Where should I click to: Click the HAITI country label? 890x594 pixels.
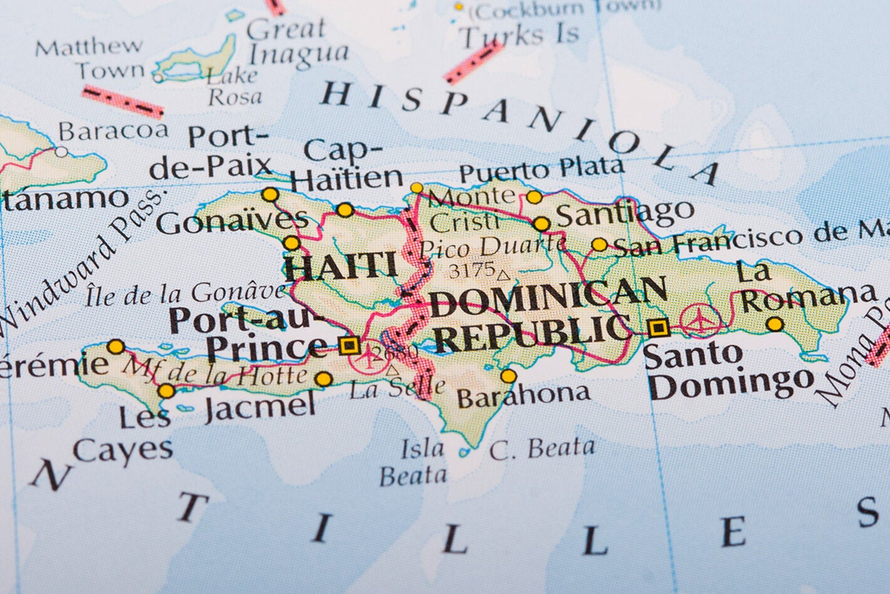click(342, 267)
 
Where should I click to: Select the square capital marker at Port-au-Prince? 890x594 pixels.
click(348, 345)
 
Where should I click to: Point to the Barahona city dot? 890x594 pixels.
click(508, 376)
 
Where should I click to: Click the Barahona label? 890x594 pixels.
click(524, 395)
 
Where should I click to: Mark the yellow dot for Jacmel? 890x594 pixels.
click(323, 379)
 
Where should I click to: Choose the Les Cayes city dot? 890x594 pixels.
click(166, 391)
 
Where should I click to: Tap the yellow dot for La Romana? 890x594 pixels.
click(775, 324)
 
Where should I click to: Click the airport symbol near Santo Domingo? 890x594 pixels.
click(700, 320)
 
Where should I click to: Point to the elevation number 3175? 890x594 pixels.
click(471, 270)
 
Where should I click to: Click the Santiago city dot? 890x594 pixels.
click(542, 224)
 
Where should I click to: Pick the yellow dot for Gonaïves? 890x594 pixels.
click(291, 243)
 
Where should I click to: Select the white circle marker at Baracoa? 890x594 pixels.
click(61, 151)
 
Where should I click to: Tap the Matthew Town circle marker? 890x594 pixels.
click(158, 78)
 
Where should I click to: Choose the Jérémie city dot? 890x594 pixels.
click(116, 346)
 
